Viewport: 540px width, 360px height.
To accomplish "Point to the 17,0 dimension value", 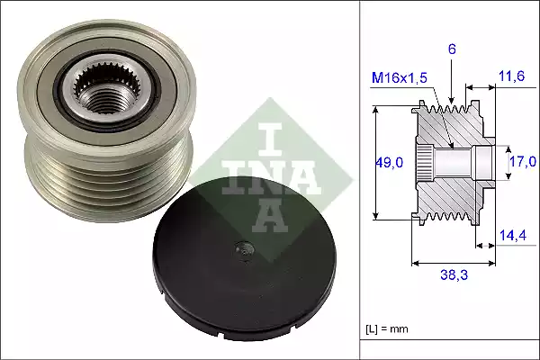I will tap(523, 162).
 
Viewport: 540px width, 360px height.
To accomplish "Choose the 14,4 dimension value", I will tap(512, 236).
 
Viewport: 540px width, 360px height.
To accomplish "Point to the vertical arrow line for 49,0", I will tap(375, 162).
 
